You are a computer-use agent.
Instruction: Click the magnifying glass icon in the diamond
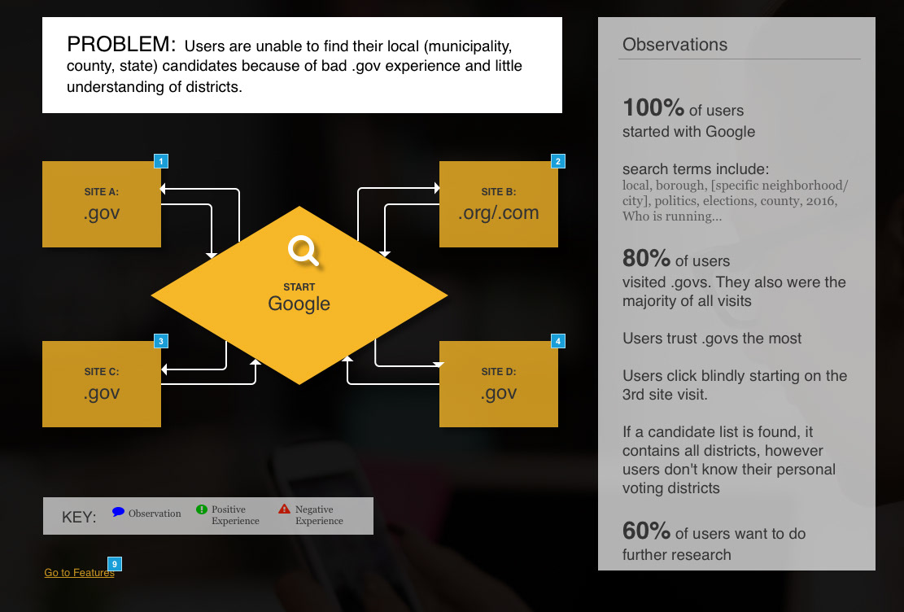coord(304,251)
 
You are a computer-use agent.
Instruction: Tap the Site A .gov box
coord(102,204)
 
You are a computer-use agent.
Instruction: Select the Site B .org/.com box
coord(499,204)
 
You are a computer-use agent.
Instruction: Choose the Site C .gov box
coord(102,384)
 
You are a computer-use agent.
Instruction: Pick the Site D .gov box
coord(499,384)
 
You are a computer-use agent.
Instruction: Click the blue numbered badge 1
coord(161,161)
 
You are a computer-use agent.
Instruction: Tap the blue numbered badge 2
coord(558,161)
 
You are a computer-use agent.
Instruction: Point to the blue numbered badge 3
coord(161,341)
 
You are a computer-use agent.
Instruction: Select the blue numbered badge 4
coord(558,341)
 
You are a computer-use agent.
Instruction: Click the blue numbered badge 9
coord(115,564)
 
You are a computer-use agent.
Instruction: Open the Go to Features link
coord(79,573)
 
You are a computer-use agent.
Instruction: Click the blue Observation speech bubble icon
coord(118,512)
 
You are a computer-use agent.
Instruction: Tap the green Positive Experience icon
coord(202,509)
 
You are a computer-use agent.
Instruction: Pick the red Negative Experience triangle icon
coord(284,509)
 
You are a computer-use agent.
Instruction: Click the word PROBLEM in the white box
coord(121,45)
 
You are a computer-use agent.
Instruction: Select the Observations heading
coord(675,45)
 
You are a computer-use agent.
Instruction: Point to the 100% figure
coord(653,108)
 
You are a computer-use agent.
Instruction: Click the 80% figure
coord(646,259)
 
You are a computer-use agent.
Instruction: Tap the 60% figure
coord(646,531)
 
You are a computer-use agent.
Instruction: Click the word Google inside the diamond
coord(299,304)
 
